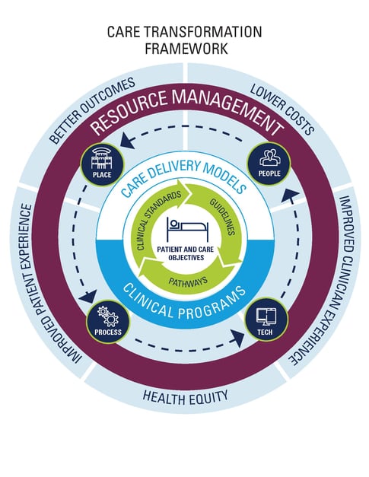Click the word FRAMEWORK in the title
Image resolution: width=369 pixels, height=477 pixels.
[184, 49]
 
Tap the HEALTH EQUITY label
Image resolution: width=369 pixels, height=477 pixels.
[184, 396]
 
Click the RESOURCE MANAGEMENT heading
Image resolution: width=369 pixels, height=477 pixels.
[184, 107]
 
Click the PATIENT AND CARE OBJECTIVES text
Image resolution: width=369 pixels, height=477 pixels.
[184, 252]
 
